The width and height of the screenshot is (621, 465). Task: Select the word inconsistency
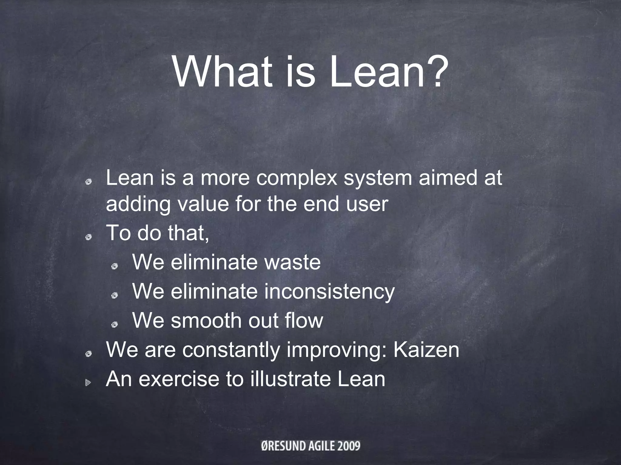coord(329,292)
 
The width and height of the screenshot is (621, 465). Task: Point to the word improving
coord(337,350)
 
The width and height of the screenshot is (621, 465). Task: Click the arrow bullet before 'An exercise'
coord(88,383)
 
